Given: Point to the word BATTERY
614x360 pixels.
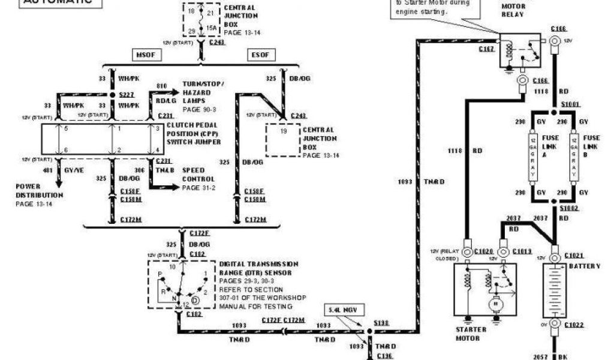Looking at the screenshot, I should coord(584,265).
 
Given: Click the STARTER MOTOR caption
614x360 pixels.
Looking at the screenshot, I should coord(468,334).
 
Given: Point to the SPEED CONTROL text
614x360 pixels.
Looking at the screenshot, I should coord(197,175).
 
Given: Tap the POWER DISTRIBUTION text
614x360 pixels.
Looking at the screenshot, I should coord(40,190).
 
